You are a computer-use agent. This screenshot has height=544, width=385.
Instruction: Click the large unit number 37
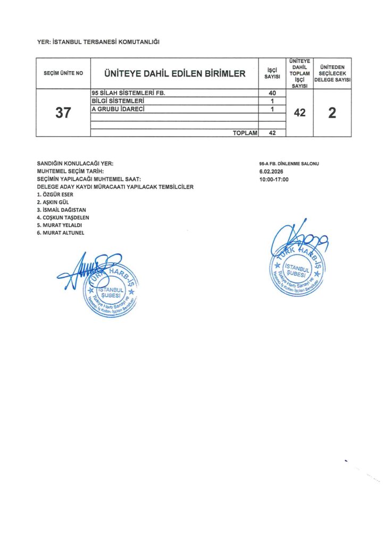click(x=63, y=113)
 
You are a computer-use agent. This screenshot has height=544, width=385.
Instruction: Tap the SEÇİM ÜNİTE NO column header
click(x=63, y=73)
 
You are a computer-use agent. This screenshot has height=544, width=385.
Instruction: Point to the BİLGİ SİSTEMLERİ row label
click(x=118, y=101)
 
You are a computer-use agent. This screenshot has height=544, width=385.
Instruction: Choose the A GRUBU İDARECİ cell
click(x=119, y=109)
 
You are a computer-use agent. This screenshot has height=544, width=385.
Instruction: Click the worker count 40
click(x=272, y=93)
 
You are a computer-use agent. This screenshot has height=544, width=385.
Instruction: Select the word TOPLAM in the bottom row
click(x=245, y=133)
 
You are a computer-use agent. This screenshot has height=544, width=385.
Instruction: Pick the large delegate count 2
click(x=332, y=113)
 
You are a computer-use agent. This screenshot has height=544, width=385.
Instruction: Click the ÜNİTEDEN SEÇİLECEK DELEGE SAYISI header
click(x=332, y=73)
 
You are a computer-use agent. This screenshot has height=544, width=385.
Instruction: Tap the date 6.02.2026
click(x=272, y=172)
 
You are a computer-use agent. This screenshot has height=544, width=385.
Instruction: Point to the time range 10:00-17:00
click(x=274, y=180)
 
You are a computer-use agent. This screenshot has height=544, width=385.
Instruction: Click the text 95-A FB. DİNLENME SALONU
click(x=288, y=164)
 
